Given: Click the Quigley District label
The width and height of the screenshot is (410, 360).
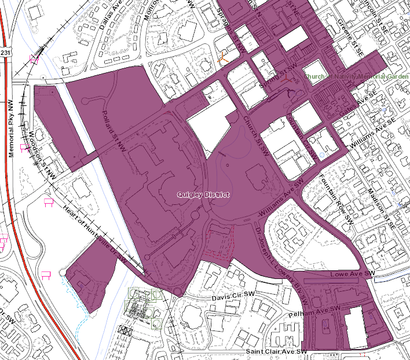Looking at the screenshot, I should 203,194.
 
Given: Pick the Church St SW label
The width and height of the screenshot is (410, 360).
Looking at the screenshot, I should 254,134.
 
